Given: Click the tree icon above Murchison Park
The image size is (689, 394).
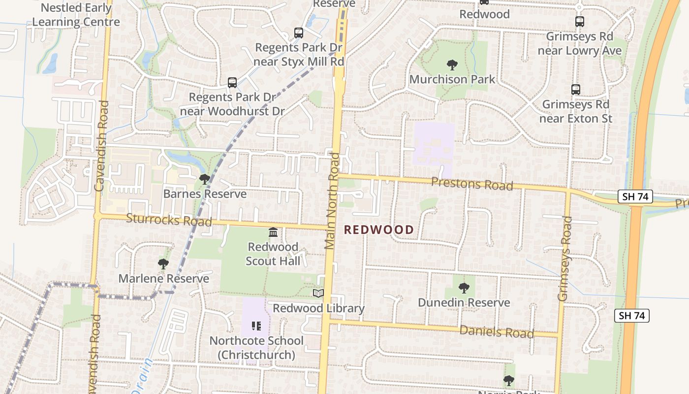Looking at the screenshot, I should (x=452, y=65).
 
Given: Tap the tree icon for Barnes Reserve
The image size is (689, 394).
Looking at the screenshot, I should (x=205, y=179).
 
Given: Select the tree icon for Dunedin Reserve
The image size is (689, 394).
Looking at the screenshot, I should (x=464, y=288).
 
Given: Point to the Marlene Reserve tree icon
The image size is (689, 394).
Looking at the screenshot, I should (x=163, y=264).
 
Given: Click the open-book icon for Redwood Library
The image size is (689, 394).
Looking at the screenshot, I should (x=318, y=294).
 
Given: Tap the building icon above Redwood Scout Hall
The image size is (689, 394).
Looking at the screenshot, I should (x=273, y=232).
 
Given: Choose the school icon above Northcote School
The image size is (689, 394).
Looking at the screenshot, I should (x=256, y=326).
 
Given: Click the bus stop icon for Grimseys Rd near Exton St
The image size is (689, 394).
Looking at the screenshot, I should (x=576, y=90).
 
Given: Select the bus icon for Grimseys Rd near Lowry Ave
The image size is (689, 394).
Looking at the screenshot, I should (x=580, y=22).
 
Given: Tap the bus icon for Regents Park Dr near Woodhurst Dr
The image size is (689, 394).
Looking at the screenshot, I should (x=232, y=83).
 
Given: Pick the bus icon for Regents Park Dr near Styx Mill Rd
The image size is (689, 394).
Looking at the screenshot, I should (x=299, y=33).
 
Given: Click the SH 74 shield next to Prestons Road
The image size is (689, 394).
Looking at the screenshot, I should (x=635, y=197).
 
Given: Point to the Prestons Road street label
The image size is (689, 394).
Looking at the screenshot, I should (x=472, y=184).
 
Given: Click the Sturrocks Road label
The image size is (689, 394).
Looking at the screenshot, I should (x=169, y=220).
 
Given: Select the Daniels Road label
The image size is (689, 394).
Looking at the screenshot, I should (x=497, y=331).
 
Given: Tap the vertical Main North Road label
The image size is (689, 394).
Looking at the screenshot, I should (x=332, y=201).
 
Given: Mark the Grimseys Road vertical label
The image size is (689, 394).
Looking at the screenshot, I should (x=564, y=258).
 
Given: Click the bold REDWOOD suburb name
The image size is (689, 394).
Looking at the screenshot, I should (x=378, y=230).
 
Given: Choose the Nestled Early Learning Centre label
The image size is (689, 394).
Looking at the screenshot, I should (x=76, y=15).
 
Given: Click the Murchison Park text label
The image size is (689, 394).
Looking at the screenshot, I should (x=452, y=79).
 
